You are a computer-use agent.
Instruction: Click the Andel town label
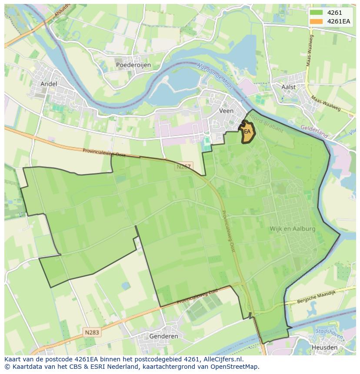coord(49,84)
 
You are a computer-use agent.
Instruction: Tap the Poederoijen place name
coord(133,65)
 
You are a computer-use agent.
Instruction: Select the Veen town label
coord(226,111)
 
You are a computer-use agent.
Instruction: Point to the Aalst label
coord(288,87)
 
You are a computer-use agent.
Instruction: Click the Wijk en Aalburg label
coord(292,228)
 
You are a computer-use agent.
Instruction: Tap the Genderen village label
coord(163,336)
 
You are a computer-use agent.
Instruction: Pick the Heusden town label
coord(324,348)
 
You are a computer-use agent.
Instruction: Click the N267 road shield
coord(184,166)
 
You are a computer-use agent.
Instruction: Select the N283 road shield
coord(92,332)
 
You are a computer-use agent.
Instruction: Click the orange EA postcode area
coord(247,132)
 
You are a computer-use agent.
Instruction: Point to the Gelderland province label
coord(314,132)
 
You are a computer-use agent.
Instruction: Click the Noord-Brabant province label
coord(268,126)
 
